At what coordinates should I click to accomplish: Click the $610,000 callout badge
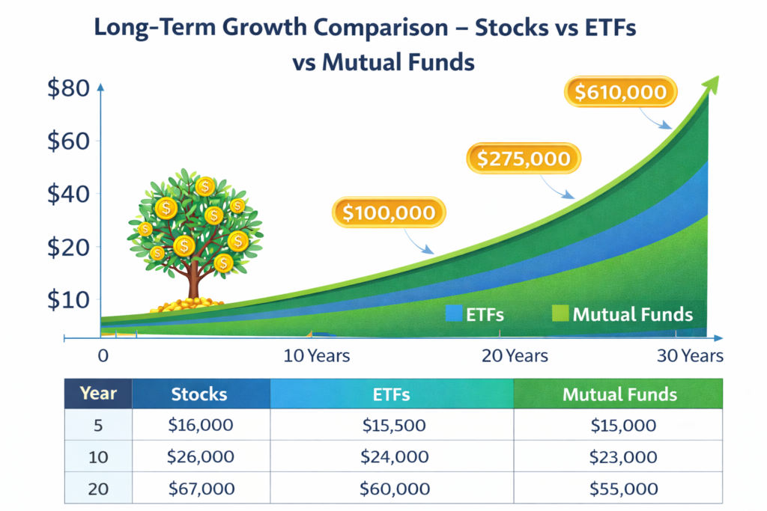click(x=620, y=92)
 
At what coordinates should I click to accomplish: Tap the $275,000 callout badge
click(x=524, y=158)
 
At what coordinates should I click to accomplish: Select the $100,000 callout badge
click(x=389, y=212)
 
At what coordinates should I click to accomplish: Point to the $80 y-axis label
click(x=68, y=89)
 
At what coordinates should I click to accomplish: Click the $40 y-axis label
click(x=68, y=194)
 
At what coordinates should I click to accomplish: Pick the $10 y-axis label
click(x=68, y=299)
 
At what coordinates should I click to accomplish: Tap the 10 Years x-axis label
click(x=317, y=355)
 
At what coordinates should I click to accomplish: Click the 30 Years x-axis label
click(x=690, y=355)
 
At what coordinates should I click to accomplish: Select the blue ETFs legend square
click(x=453, y=313)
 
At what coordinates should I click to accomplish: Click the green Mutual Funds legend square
click(x=560, y=313)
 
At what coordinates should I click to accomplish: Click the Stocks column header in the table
click(x=199, y=394)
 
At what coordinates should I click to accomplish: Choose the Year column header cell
click(x=99, y=394)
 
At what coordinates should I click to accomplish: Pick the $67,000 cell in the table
click(x=200, y=489)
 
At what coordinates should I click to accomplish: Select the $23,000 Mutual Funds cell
click(x=619, y=457)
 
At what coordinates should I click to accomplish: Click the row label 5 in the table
click(x=99, y=426)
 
